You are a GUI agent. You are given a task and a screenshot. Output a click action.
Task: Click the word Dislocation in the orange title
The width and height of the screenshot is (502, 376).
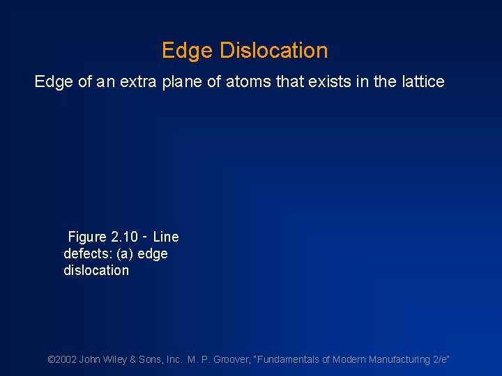tap(273, 51)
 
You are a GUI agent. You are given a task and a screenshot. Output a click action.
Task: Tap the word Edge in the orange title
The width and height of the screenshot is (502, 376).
tap(188, 51)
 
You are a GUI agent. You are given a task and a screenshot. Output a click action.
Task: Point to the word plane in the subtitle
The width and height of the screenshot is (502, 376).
tap(183, 82)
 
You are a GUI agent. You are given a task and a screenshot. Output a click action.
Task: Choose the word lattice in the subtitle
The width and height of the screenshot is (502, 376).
tap(420, 82)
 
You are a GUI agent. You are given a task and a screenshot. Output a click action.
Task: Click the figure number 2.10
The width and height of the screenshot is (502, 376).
tap(126, 237)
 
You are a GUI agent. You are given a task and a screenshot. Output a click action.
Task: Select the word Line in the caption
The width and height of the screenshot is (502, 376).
tap(166, 237)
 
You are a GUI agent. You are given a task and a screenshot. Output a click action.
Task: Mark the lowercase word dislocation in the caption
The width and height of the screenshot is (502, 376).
tap(96, 271)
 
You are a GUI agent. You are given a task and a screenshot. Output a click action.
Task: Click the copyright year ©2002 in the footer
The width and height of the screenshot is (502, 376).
tap(61, 360)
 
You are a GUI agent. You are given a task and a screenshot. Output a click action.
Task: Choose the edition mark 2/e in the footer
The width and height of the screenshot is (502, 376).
tap(441, 360)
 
